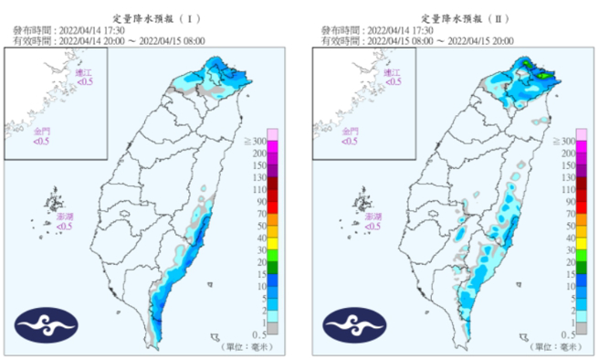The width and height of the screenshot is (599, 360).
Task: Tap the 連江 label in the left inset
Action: (x=84, y=73)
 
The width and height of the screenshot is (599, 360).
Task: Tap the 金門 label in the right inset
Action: (x=350, y=132)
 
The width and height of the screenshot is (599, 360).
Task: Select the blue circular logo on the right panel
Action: (x=352, y=324)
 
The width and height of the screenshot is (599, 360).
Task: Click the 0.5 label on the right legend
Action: (x=566, y=335)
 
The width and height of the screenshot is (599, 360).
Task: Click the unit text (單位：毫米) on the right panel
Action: (x=555, y=347)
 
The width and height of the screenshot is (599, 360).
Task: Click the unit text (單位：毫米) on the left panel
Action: (x=247, y=347)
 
